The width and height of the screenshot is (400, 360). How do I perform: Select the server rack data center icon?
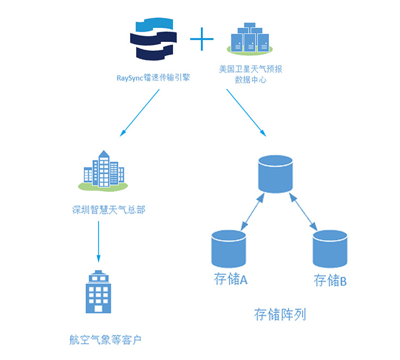pyautogui.click(x=250, y=39)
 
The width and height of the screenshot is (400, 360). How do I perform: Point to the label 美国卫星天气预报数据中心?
pyautogui.click(x=250, y=75)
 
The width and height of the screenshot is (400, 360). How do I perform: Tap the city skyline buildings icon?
pyautogui.click(x=103, y=170)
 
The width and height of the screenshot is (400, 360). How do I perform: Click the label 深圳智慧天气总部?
pyautogui.click(x=109, y=210)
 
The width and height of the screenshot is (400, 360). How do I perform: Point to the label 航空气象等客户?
pyautogui.click(x=105, y=340)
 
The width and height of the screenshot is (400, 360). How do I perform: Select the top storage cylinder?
pyautogui.click(x=275, y=174)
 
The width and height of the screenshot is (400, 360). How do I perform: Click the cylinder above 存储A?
pyautogui.click(x=228, y=248)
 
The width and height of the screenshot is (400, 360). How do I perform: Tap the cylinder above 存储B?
pyautogui.click(x=330, y=248)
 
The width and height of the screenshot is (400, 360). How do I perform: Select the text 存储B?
pyautogui.click(x=330, y=281)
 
